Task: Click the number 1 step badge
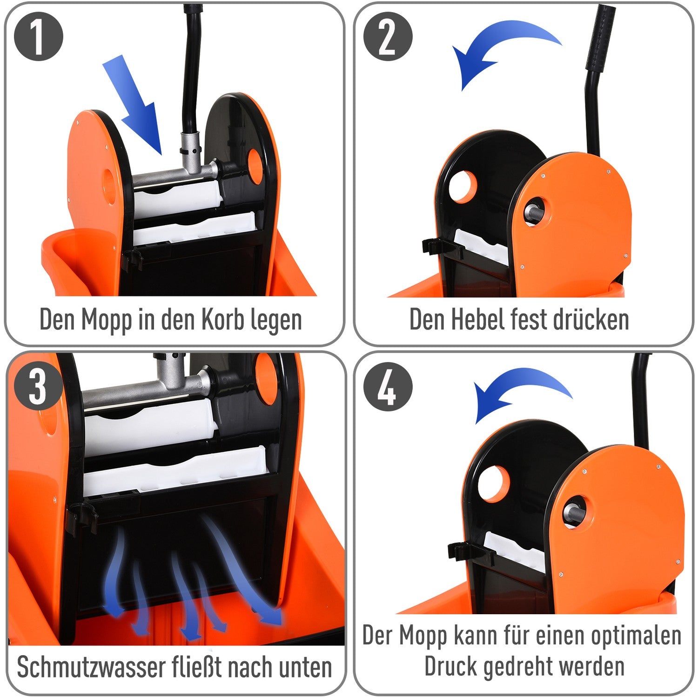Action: pyautogui.click(x=39, y=37)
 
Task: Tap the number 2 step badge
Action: pyautogui.click(x=388, y=37)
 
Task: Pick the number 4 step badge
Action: pyautogui.click(x=388, y=387)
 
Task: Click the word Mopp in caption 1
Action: pyautogui.click(x=106, y=320)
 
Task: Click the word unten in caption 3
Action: pyautogui.click(x=305, y=668)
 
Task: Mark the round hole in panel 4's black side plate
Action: pyautogui.click(x=494, y=483)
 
